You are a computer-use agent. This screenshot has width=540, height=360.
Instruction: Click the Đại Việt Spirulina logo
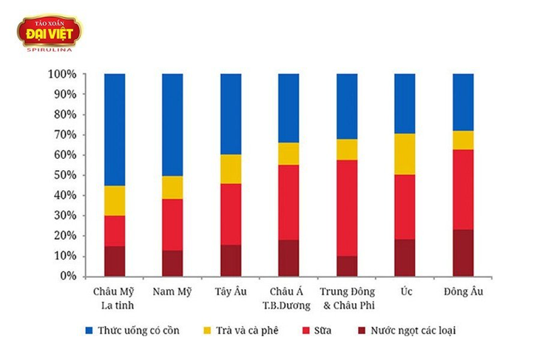(50, 33)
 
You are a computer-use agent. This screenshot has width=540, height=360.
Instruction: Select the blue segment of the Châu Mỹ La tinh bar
(115, 130)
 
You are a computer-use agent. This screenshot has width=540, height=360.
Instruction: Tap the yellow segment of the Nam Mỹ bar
(172, 188)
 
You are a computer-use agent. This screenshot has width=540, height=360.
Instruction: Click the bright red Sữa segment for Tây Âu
(231, 214)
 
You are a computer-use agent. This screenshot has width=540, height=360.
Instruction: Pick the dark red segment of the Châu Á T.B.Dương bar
(288, 258)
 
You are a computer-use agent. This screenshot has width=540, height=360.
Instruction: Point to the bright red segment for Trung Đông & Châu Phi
(347, 208)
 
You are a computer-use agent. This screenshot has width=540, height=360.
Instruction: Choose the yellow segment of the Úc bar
(405, 154)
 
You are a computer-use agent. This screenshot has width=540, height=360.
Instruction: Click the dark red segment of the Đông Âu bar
(463, 253)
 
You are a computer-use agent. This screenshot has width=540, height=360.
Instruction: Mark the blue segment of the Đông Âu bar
(463, 102)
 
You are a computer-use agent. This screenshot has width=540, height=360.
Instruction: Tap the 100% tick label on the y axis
(62, 74)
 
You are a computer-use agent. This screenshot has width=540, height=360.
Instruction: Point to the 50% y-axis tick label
(65, 175)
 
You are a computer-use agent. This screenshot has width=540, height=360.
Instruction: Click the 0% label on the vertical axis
(68, 276)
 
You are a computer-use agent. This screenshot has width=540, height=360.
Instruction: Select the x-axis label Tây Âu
(231, 291)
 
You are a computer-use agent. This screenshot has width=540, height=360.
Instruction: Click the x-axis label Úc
(406, 291)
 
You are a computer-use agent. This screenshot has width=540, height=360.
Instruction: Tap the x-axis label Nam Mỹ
(172, 292)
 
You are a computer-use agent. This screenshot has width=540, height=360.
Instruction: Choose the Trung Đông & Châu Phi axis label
(348, 299)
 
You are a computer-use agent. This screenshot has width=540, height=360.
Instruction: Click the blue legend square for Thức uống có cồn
(90, 330)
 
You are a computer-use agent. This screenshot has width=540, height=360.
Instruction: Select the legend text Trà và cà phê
(247, 330)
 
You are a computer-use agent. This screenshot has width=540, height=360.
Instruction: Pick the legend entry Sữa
(317, 330)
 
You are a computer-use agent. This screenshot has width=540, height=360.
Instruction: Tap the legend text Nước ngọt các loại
(414, 330)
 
